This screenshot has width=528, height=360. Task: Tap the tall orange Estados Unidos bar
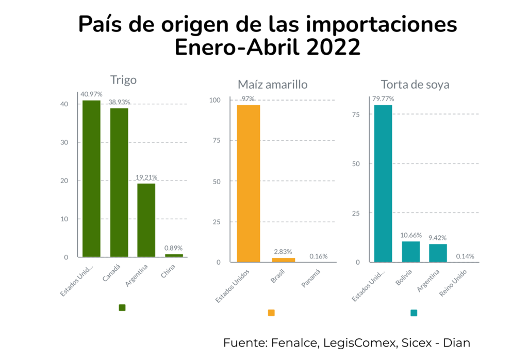tap(248, 183)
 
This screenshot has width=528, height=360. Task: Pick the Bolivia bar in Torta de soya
tap(410, 252)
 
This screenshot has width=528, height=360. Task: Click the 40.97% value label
tap(91, 94)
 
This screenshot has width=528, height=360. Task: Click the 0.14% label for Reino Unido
tap(465, 256)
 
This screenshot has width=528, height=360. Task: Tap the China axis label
tap(168, 272)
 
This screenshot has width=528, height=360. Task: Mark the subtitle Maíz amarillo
tap(272, 85)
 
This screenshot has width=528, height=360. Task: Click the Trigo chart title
tap(123, 80)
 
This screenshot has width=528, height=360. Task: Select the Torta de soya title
tap(415, 85)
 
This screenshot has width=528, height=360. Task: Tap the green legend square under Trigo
tap(122, 308)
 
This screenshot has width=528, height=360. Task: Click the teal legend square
tap(413, 313)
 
